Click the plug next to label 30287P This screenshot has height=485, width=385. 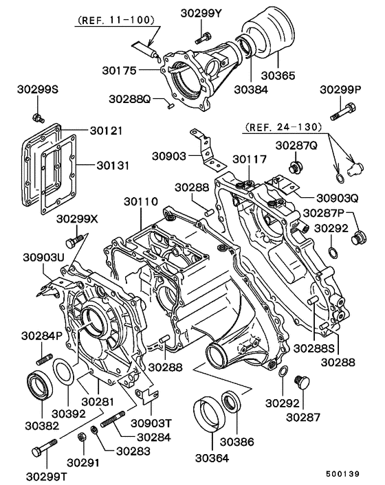(357, 238)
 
